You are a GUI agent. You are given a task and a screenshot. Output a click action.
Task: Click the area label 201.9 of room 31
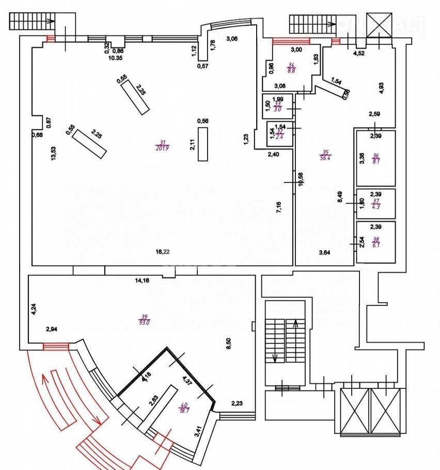162,148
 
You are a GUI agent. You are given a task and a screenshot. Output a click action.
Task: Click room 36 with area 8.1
375,158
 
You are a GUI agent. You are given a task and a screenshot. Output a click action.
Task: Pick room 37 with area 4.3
375,204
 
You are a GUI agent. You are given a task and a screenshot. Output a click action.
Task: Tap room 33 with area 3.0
277,106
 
